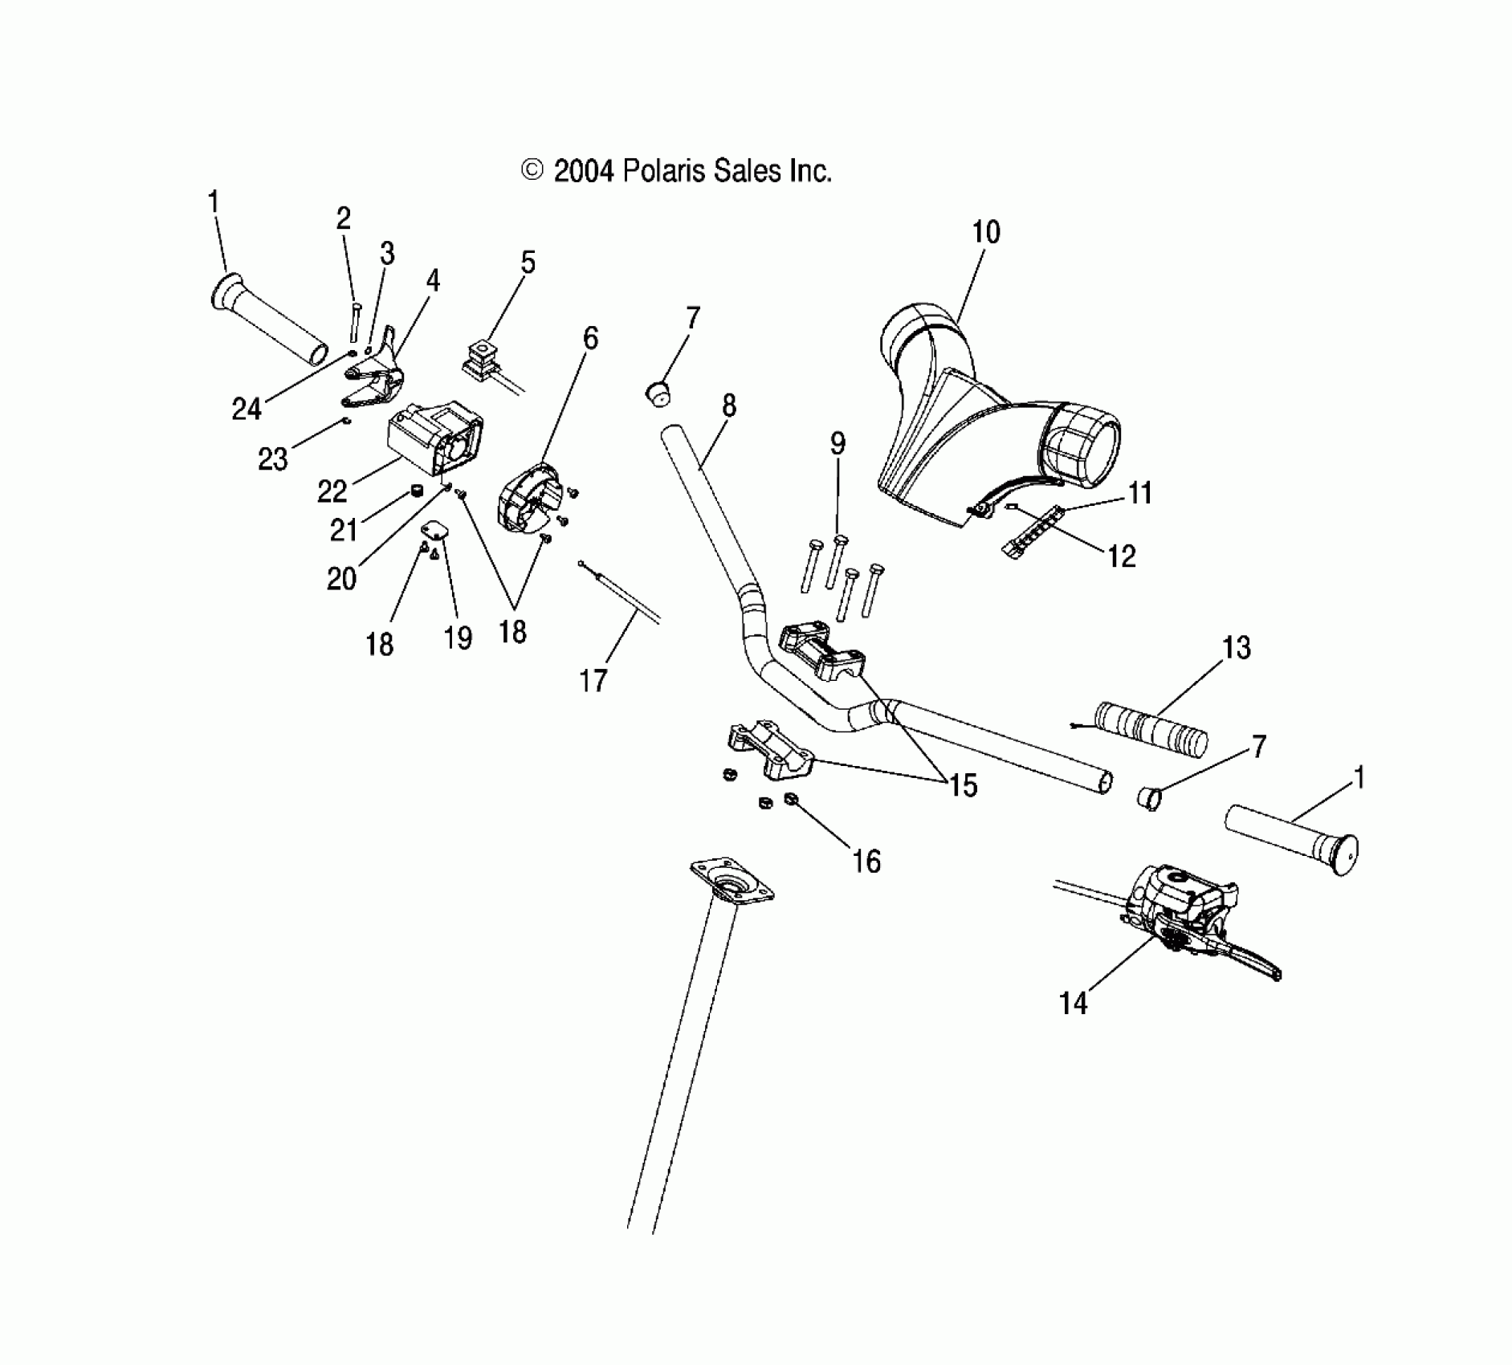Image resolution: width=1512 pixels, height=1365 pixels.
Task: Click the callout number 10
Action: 985,233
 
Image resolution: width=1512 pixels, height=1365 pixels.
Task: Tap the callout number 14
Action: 1073,1003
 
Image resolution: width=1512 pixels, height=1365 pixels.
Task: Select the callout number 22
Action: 332,491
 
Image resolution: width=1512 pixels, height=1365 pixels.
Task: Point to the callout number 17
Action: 593,681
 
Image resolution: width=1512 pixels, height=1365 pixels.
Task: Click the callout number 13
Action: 1237,648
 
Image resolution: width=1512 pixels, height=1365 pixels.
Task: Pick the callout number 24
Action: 247,409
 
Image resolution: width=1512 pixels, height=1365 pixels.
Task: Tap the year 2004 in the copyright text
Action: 584,171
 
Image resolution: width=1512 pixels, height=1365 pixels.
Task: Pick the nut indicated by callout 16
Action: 790,798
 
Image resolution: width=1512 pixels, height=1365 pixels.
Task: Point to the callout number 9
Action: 838,443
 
